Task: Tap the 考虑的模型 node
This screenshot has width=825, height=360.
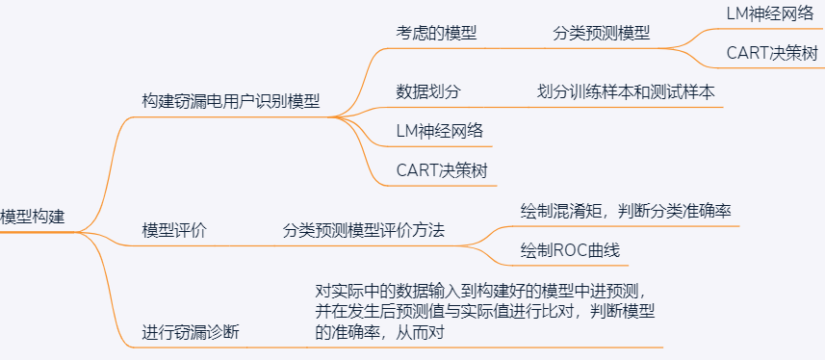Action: click(436, 33)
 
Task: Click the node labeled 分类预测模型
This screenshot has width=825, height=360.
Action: click(601, 33)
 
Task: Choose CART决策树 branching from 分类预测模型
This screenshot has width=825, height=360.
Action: click(773, 53)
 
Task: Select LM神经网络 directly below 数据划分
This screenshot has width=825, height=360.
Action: click(440, 131)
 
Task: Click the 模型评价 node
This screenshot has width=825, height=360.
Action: click(174, 230)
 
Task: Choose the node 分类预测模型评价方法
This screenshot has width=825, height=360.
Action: click(370, 230)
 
